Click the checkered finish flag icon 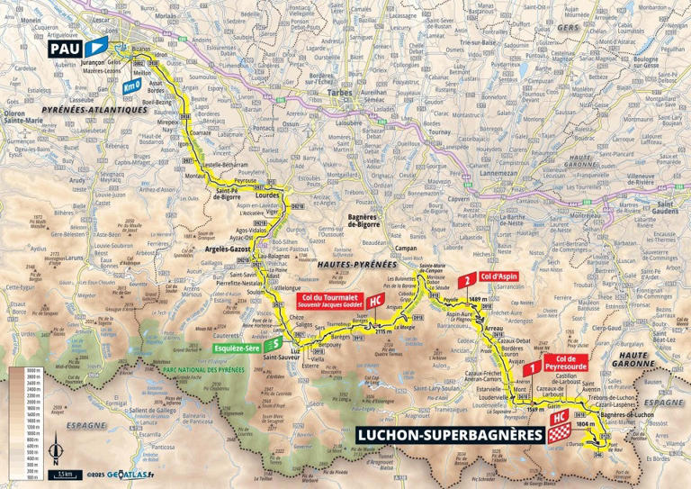(561, 435)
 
